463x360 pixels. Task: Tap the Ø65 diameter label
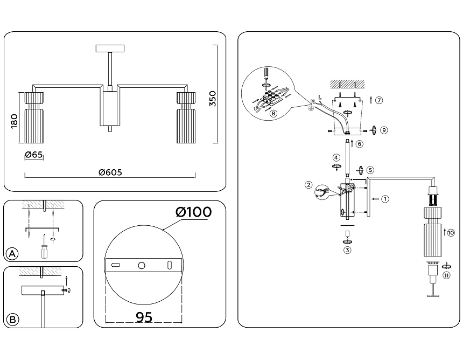pyautogui.click(x=33, y=155)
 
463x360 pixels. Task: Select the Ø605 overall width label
pyautogui.click(x=110, y=172)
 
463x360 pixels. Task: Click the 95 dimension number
pyautogui.click(x=143, y=317)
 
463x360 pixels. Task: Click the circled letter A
pyautogui.click(x=12, y=253)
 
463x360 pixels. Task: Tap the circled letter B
pyautogui.click(x=12, y=320)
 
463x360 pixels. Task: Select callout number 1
pyautogui.click(x=385, y=199)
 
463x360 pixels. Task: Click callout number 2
pyautogui.click(x=308, y=185)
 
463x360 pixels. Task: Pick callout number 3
pyautogui.click(x=347, y=250)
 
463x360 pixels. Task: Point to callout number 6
pyautogui.click(x=359, y=144)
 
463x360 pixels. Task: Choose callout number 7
pyautogui.click(x=379, y=100)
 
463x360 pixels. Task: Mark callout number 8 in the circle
pyautogui.click(x=273, y=113)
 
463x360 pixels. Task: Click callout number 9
pyautogui.click(x=383, y=130)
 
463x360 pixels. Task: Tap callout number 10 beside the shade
pyautogui.click(x=451, y=233)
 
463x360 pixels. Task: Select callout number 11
pyautogui.click(x=446, y=275)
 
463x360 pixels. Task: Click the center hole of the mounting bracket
pyautogui.click(x=142, y=265)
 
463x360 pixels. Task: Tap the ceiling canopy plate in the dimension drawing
pyautogui.click(x=110, y=49)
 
